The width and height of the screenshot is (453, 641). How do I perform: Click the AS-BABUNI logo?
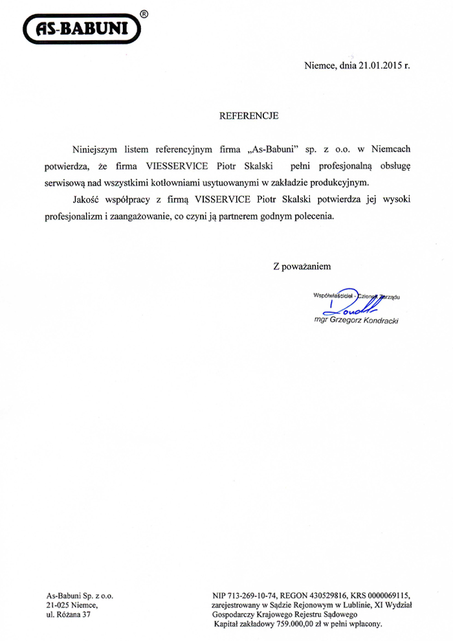click(80, 29)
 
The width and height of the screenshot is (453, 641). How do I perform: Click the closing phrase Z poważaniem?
click(302, 265)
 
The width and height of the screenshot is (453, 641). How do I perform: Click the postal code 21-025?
click(58, 605)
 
